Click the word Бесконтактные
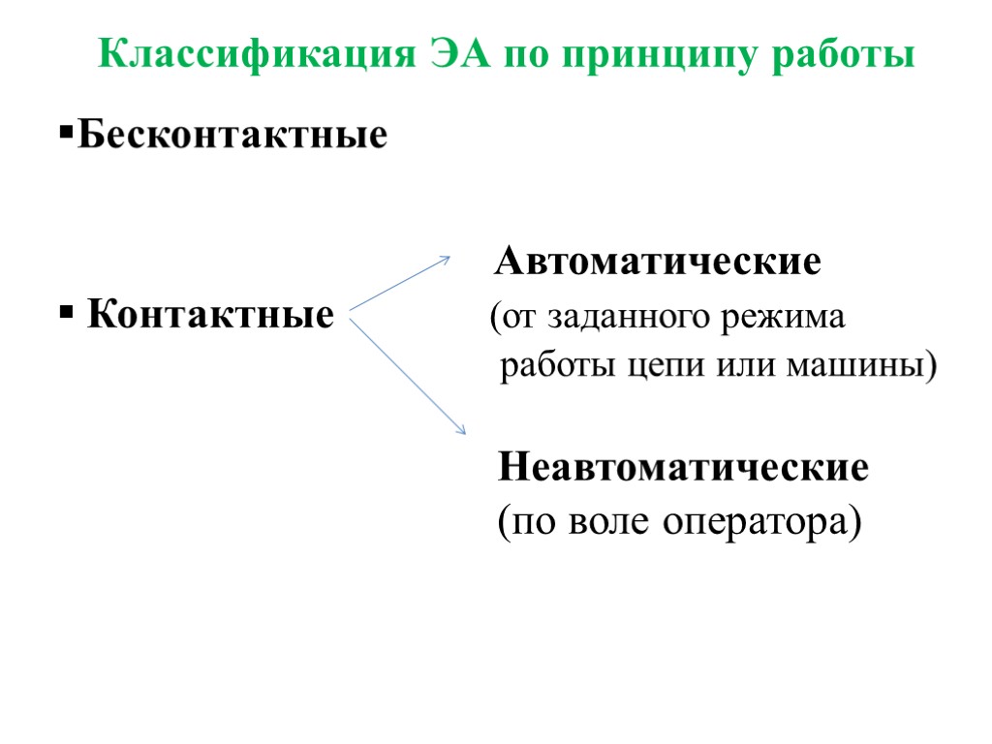point(232,135)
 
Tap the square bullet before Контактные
point(66,313)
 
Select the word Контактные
point(211,315)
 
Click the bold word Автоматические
point(659,263)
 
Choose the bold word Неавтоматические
point(683,469)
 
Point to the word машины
point(868,369)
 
